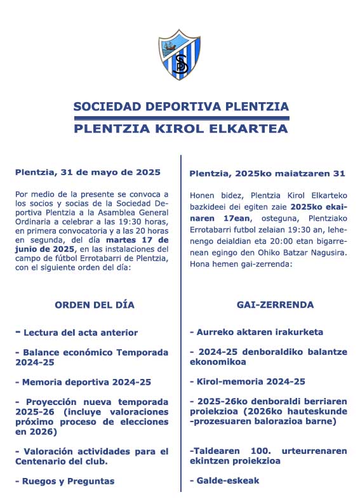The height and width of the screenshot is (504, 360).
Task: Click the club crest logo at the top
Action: coord(180,55)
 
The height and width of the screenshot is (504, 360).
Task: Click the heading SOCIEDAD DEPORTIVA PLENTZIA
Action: coord(181,107)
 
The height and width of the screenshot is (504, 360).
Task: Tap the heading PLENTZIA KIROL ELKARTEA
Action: coord(181,129)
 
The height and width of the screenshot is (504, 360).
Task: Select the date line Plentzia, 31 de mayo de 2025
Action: coord(88,172)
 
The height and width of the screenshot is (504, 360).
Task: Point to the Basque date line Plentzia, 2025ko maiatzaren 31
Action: coord(267,173)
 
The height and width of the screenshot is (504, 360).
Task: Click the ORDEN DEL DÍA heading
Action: coord(95,305)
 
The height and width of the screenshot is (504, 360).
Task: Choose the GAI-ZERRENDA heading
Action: coord(266,305)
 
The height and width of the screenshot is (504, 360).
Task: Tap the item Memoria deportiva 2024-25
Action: coord(83,382)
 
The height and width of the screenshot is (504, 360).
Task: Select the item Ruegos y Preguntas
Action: coord(65,481)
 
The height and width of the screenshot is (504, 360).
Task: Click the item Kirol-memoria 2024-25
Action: coord(248,381)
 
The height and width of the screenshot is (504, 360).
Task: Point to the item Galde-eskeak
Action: coord(224,481)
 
